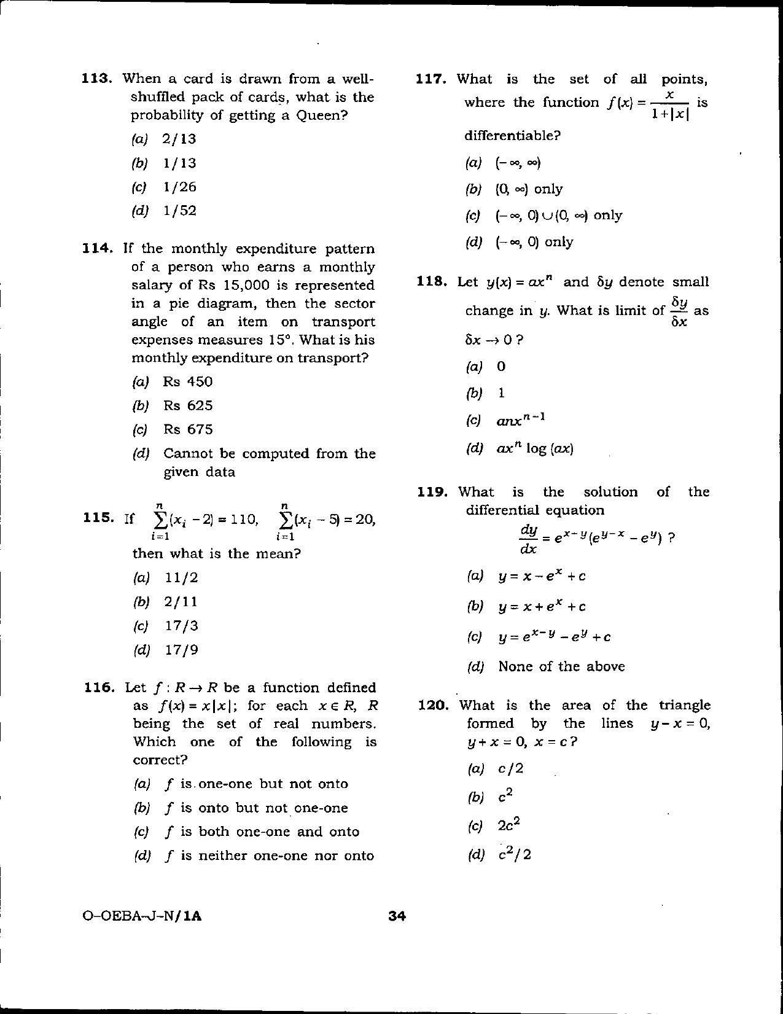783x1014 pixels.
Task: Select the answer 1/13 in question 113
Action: [179, 163]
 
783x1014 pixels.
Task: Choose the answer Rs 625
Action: [187, 405]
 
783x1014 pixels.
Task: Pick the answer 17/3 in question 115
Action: [181, 626]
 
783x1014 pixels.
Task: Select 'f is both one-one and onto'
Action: [262, 832]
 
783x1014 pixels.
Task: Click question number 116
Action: [99, 687]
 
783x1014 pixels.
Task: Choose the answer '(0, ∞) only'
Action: [529, 189]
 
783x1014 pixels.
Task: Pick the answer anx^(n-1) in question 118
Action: [521, 421]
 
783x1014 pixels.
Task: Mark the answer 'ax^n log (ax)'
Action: [534, 448]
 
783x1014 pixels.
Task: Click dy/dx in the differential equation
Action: [529, 539]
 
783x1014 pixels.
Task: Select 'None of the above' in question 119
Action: [561, 666]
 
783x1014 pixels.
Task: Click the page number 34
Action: [397, 916]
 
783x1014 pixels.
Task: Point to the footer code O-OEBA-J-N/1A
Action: [141, 916]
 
